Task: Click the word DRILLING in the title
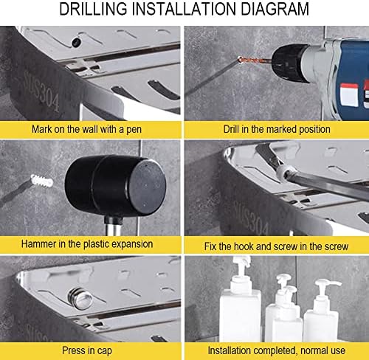coord(93,9)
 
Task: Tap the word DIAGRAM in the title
coord(275,9)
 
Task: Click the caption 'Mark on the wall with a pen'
coord(86,129)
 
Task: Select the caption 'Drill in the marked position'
coord(277,129)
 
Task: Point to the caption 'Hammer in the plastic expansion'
coord(87,244)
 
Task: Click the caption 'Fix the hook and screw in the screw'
coord(276,246)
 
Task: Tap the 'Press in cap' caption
coord(87,350)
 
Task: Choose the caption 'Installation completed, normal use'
coord(276,350)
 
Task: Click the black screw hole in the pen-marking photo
coord(76,42)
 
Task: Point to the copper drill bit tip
coord(240,59)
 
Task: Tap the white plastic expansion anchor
coord(42,181)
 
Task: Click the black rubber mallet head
coord(115,186)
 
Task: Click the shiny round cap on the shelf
coord(80,299)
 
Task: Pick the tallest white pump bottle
coord(241,300)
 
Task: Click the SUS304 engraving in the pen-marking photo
coord(41,91)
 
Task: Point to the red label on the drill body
coord(349,94)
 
